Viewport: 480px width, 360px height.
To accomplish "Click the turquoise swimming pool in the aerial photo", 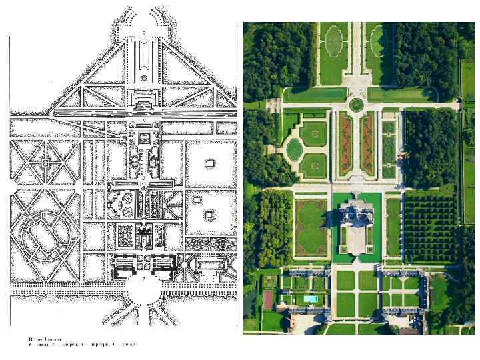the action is pos(310,299).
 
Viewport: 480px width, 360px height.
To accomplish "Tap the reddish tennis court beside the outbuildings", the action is pos(267,300).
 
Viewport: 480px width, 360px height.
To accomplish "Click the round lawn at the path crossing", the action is pos(357,105).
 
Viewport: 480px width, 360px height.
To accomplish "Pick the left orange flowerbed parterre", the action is pos(346,143).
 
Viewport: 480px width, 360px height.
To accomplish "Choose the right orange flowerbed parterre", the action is pos(368,143).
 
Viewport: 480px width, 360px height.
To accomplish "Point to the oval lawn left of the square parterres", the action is pos(294,149).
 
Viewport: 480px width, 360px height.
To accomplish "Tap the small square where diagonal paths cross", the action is pos(45,162).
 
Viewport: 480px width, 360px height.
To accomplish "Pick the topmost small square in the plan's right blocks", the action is pos(209,163).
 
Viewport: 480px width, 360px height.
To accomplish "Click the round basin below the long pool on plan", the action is pos(143,78).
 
